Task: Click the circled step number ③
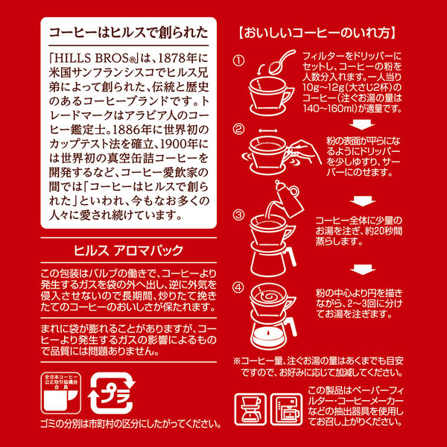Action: [x=238, y=216]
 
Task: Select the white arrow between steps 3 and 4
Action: [x=363, y=267]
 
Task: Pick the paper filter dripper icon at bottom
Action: [x=251, y=408]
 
